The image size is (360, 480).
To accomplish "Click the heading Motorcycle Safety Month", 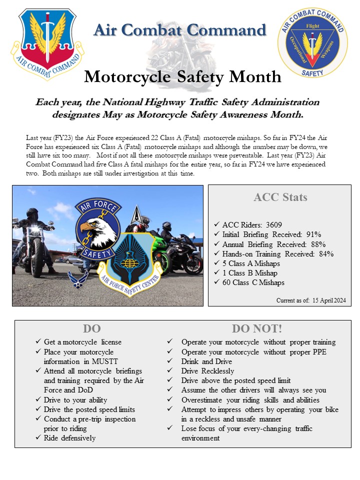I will pos(182,76).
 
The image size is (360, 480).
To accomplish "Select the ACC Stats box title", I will pos(280,197).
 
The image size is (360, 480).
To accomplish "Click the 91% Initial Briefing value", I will pos(313,234).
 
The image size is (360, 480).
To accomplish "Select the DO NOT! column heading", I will pos(256,328).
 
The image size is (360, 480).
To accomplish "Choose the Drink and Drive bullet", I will pos(207,361).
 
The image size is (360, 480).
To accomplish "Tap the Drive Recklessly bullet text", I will pos(207,371).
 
